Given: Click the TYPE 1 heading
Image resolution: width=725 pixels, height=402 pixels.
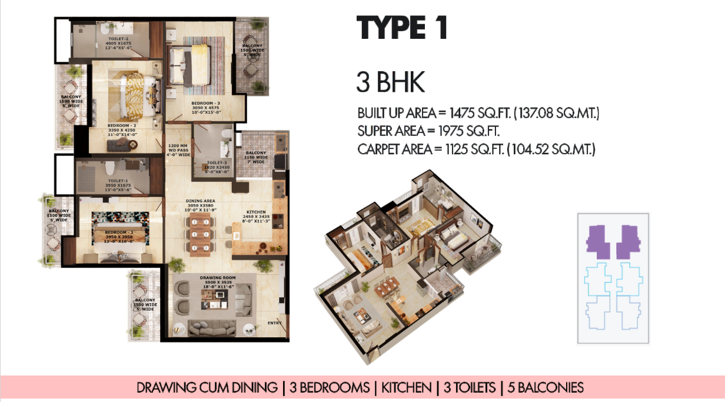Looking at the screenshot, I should coord(402,29).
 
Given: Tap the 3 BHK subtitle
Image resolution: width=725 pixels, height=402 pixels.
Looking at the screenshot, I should coord(390,83).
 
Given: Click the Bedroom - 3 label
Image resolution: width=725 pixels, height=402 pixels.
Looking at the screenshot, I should coord(206,104).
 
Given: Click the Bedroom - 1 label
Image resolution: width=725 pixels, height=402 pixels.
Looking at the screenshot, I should coord(119,232).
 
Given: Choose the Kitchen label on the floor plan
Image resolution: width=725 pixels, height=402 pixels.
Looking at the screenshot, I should coord(257,212).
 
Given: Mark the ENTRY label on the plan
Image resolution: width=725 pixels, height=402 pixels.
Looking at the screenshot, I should coord(275,323).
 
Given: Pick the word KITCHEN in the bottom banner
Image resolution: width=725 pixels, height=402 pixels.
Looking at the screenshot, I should coord(406,388).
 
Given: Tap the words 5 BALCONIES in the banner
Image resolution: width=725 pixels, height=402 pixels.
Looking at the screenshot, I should coord(545,388).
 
